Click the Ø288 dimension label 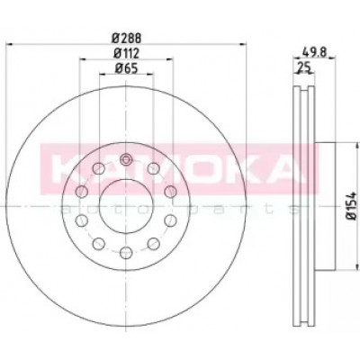[x=126, y=39]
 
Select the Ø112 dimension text [x=126, y=53]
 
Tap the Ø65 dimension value [x=126, y=68]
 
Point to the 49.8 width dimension [x=313, y=52]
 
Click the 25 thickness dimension [x=303, y=67]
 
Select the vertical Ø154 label [x=351, y=205]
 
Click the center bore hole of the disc [x=126, y=206]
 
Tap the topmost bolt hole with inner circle [x=126, y=159]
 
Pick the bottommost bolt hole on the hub [x=126, y=253]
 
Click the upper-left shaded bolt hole [x=81, y=192]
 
